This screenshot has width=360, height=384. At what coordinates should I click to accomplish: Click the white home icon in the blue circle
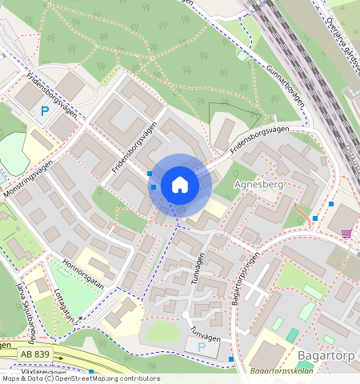(180, 186)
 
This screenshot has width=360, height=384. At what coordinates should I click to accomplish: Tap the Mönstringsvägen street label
(27, 173)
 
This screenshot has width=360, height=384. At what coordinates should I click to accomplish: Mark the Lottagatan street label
(67, 304)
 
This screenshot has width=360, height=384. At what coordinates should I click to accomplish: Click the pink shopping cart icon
(346, 233)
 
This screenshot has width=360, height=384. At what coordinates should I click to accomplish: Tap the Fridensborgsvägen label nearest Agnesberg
(258, 139)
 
